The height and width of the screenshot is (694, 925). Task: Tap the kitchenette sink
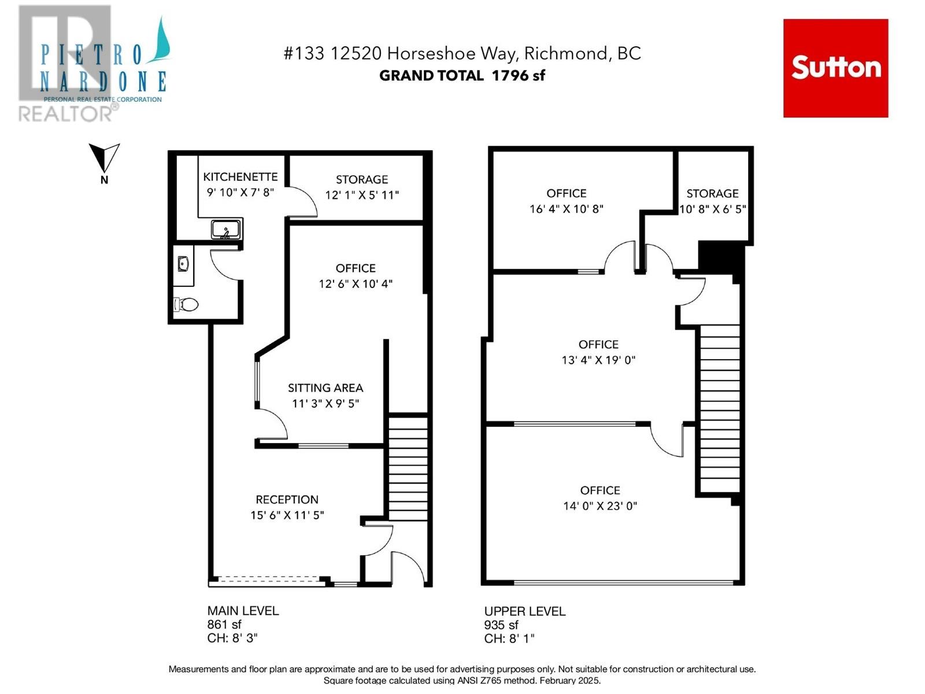tap(226, 230)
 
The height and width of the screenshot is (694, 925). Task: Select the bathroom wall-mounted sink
tap(183, 264)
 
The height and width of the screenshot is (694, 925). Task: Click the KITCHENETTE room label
tap(240, 176)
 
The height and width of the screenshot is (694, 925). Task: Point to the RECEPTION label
tap(287, 499)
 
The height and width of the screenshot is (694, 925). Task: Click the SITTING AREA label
tap(325, 387)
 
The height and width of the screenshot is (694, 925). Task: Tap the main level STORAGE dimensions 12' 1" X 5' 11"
tap(361, 195)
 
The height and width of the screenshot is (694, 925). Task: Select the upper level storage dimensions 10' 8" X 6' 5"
tap(713, 209)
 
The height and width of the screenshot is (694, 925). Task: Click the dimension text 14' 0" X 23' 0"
tap(600, 505)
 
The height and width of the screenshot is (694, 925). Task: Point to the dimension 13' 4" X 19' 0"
tap(598, 360)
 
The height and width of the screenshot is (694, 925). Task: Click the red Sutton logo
tap(835, 68)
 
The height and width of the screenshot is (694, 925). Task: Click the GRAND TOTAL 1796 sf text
tap(462, 75)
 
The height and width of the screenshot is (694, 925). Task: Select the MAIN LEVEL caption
tap(243, 611)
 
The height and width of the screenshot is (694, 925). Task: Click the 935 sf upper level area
tap(501, 625)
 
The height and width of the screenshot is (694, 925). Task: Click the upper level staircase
tap(720, 408)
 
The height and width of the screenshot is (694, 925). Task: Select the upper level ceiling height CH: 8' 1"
tap(509, 639)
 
